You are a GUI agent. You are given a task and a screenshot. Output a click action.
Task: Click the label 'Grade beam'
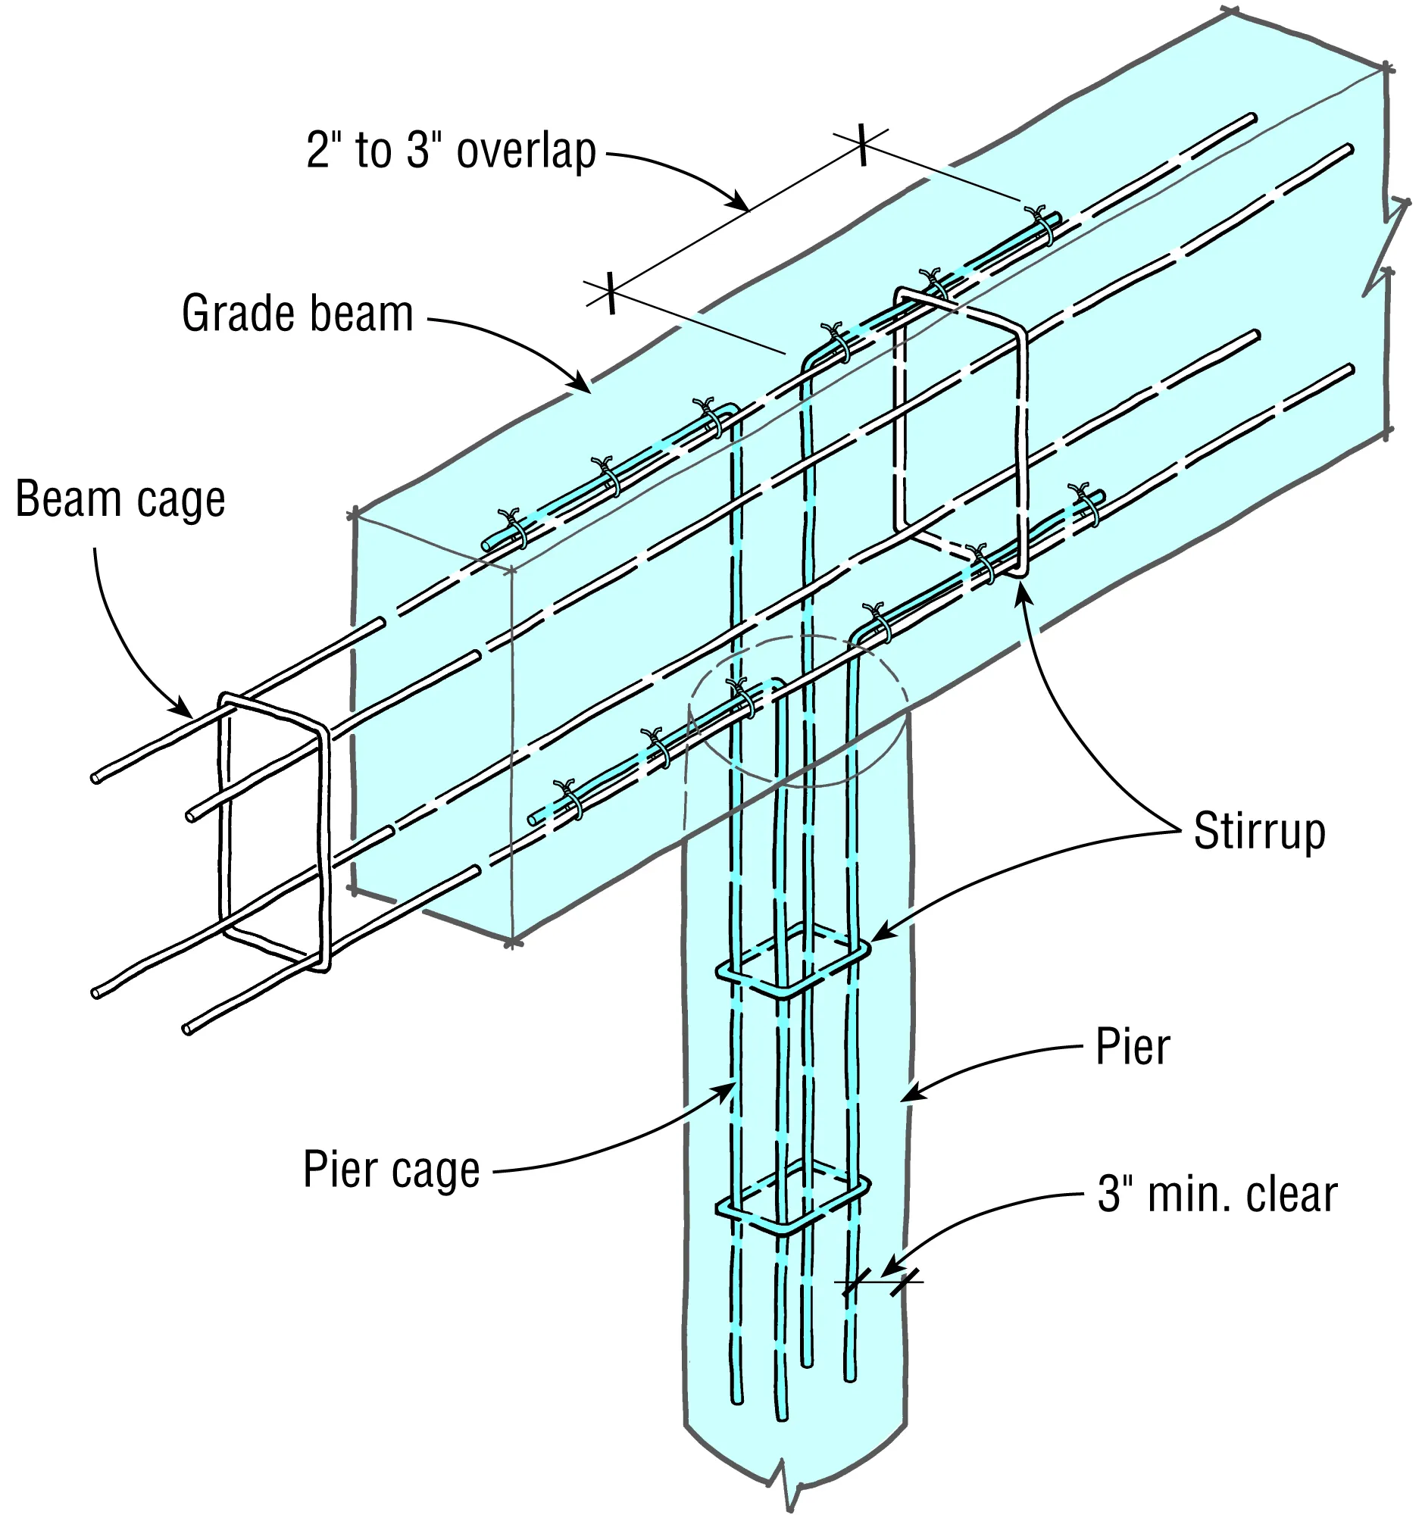click(297, 313)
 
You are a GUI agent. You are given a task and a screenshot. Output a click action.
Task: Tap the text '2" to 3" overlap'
click(451, 151)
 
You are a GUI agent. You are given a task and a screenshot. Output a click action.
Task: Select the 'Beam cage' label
click(120, 499)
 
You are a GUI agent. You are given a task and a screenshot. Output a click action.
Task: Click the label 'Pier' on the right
click(1132, 1047)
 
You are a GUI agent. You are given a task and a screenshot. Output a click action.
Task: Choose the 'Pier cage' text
click(392, 1169)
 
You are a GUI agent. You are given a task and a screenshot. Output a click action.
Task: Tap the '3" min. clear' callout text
click(1217, 1194)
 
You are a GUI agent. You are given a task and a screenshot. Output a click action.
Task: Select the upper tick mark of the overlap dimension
click(861, 143)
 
